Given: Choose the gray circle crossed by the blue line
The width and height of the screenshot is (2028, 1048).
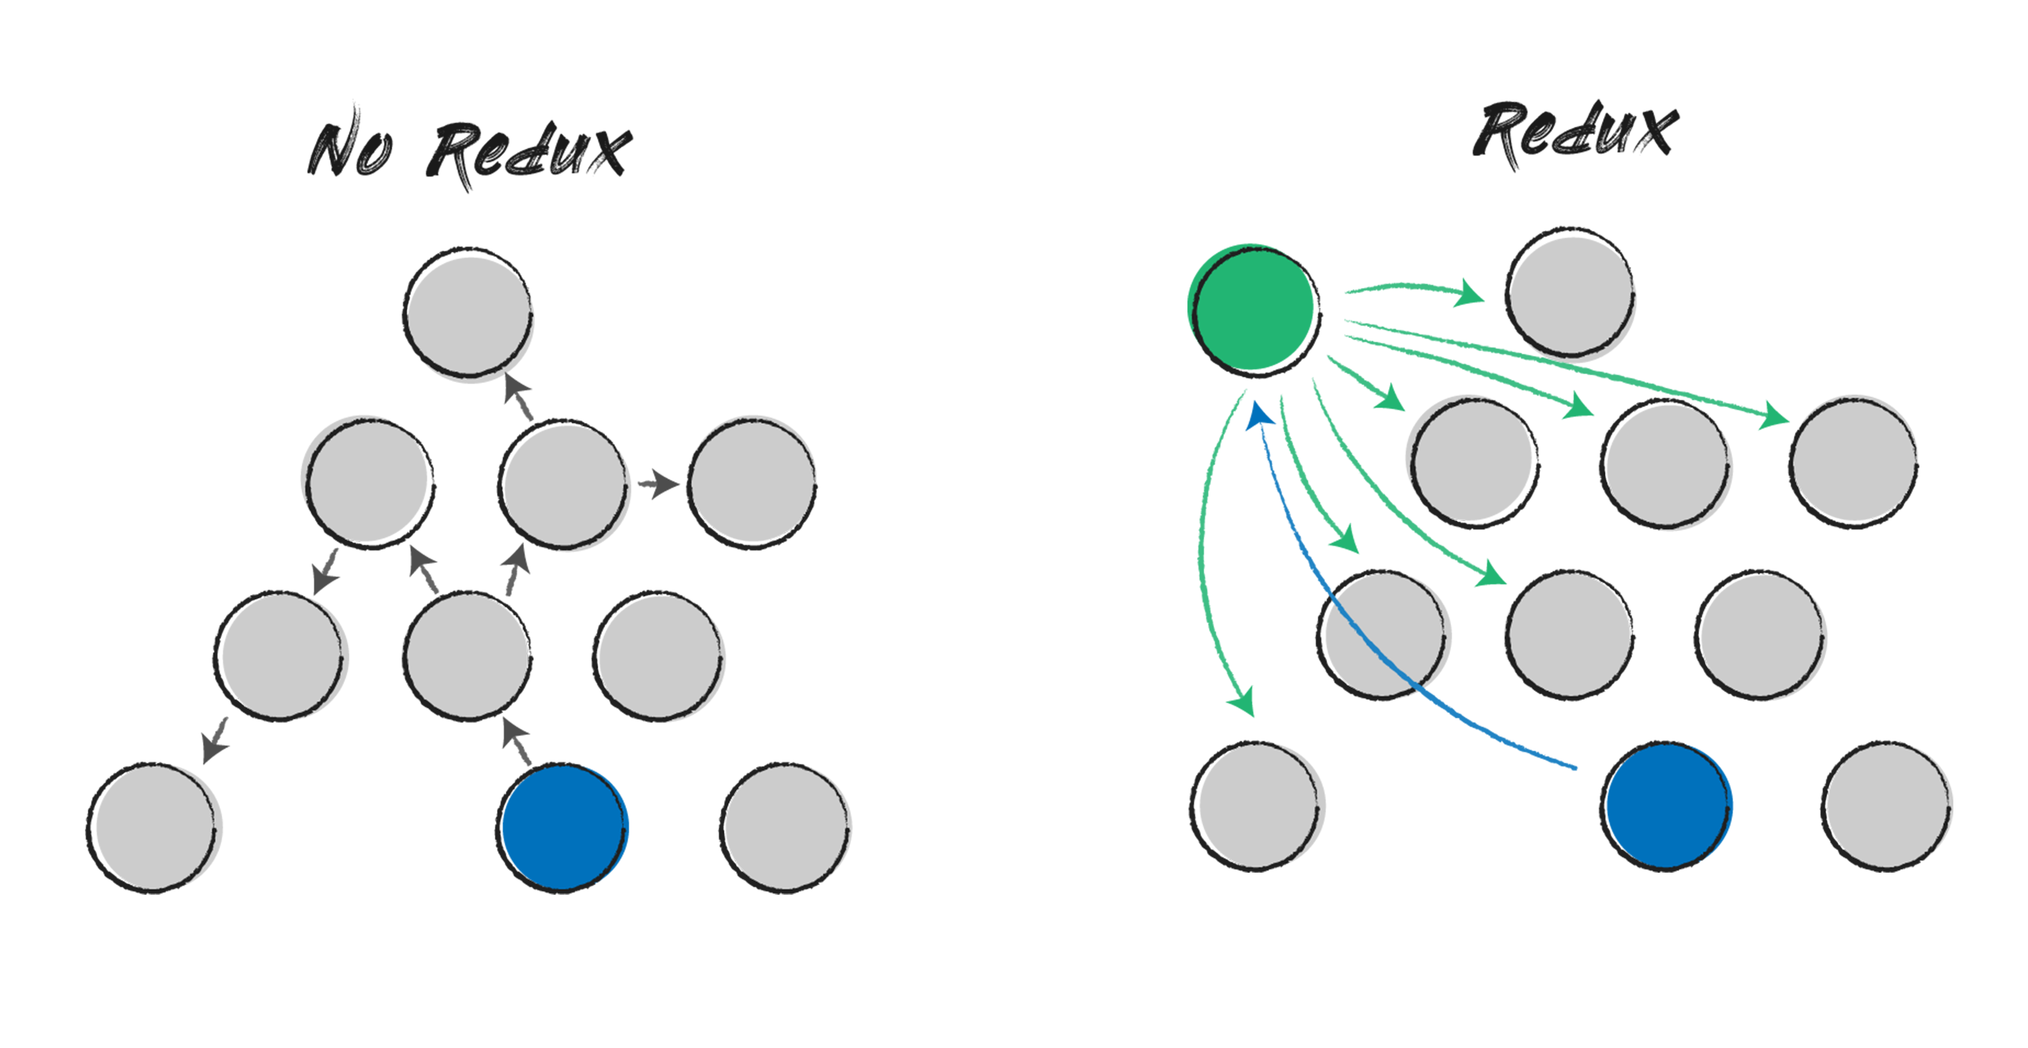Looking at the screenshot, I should (x=1382, y=634).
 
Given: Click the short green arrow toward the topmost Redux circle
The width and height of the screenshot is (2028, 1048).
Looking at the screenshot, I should (x=1417, y=290).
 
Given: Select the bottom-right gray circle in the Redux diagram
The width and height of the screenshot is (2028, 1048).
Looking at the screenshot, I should (x=1886, y=806).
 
